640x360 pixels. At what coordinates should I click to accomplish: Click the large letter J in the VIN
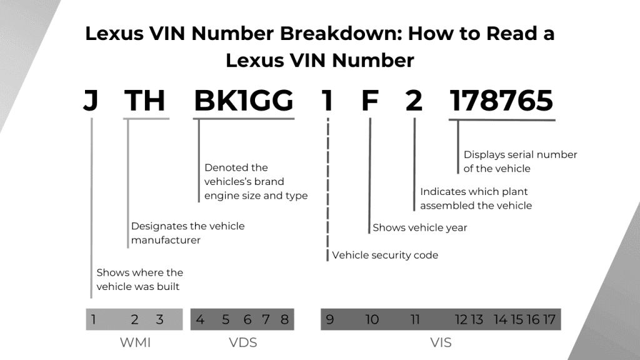(x=91, y=101)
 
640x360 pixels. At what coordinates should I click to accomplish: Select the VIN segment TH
(x=145, y=101)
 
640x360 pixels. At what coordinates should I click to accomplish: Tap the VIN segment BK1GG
(x=244, y=101)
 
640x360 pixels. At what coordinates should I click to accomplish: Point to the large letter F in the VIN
(x=370, y=101)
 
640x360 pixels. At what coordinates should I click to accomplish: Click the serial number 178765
(x=502, y=101)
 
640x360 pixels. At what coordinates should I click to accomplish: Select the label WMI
(x=134, y=342)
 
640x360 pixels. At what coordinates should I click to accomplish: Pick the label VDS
(x=242, y=342)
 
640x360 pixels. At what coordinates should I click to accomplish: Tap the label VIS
(x=441, y=342)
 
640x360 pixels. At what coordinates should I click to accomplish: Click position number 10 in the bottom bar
(x=372, y=320)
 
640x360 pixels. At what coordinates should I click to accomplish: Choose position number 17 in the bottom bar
(x=549, y=320)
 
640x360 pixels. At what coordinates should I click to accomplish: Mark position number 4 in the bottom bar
(x=200, y=320)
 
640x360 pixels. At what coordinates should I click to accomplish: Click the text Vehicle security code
(x=385, y=255)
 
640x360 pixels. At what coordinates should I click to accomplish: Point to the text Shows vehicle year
(x=420, y=227)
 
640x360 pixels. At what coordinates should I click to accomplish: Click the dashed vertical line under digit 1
(x=327, y=187)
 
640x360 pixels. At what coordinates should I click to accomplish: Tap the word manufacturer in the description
(x=166, y=240)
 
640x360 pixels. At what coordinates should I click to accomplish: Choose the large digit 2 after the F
(x=414, y=101)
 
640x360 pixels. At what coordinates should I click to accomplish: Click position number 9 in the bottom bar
(x=330, y=320)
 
